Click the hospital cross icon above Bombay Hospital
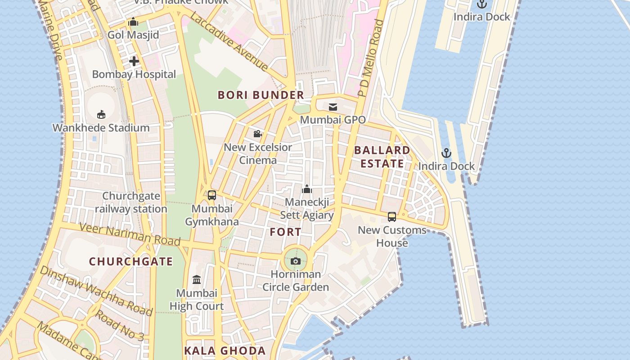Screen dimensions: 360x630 click(134, 61)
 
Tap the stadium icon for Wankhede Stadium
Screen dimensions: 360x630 click(101, 114)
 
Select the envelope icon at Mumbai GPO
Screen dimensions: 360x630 click(333, 107)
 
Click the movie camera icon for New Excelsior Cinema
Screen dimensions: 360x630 click(257, 134)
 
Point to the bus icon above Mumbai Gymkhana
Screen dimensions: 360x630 click(212, 195)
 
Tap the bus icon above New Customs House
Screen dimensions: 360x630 click(392, 217)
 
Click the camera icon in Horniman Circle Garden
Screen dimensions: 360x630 click(296, 261)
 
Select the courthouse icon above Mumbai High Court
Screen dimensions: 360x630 click(197, 280)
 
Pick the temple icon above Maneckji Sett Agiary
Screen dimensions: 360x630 click(307, 189)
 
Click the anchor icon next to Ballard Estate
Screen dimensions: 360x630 click(446, 153)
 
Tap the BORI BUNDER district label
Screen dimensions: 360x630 click(261, 95)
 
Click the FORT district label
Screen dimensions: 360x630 click(286, 232)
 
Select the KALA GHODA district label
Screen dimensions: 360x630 click(225, 351)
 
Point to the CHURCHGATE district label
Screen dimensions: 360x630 click(131, 261)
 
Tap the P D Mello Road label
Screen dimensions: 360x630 click(370, 58)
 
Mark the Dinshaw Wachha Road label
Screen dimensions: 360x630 click(96, 291)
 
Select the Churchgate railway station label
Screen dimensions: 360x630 click(131, 202)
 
